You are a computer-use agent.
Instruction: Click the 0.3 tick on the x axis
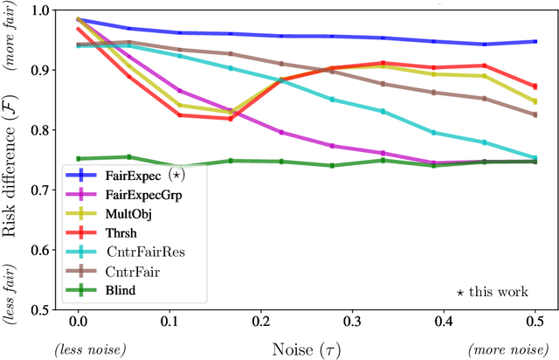tap(351, 322)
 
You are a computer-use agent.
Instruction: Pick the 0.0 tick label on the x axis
tap(78, 322)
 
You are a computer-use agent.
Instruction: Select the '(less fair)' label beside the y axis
tap(11, 277)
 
